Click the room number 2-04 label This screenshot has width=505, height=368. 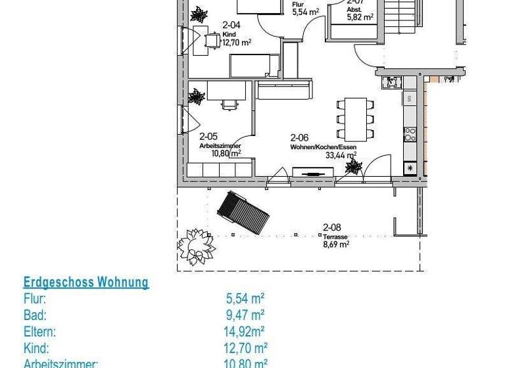click(230, 25)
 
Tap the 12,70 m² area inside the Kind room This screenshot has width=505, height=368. click(237, 43)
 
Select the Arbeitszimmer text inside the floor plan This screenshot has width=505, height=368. click(220, 145)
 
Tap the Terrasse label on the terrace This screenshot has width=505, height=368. click(335, 237)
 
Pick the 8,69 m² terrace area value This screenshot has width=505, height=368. click(335, 244)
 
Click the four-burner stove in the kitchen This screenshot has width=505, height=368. click(410, 134)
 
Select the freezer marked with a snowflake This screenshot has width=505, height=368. click(411, 168)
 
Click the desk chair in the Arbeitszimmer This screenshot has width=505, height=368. click(228, 104)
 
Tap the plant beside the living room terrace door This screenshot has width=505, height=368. click(353, 168)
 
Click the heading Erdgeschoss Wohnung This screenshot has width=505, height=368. click(86, 283)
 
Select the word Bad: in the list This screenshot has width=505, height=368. click(35, 315)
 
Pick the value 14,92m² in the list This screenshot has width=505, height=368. click(245, 331)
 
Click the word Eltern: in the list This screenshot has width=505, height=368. click(39, 331)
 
